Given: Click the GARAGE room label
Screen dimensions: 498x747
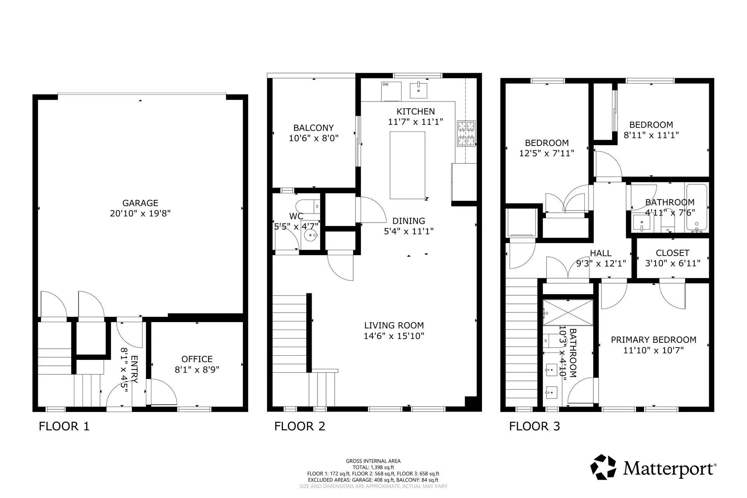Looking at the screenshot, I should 140,203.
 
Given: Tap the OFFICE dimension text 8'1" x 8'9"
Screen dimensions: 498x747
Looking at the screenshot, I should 197,370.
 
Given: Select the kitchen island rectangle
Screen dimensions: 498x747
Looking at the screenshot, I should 407,165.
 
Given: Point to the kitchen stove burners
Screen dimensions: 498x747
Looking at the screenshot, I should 466,133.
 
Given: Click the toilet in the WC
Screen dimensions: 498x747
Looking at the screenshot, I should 307,206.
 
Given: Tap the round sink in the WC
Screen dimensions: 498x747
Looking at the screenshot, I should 310,235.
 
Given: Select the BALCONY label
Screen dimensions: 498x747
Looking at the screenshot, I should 313,128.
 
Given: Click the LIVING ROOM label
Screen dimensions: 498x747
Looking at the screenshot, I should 394,326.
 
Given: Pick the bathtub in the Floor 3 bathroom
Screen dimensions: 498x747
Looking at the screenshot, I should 696,208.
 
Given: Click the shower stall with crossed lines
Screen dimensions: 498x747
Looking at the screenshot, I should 568,312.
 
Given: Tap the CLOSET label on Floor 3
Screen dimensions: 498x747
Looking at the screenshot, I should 672,253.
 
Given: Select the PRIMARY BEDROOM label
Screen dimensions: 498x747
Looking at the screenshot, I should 653,340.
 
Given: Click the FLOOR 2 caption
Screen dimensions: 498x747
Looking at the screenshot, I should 300,426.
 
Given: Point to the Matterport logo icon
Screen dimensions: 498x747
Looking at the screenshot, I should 603,467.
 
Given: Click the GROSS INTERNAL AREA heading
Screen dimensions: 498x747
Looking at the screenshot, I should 373,461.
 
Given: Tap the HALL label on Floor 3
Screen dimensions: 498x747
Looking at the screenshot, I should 600,253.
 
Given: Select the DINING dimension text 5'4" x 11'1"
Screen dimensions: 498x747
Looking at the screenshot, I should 409,231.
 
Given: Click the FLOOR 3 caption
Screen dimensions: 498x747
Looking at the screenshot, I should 534,426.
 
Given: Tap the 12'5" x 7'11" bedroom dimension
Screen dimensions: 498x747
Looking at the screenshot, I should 547,153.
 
